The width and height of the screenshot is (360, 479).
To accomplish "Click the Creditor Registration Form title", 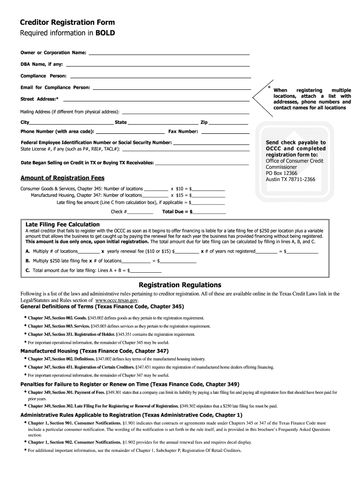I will [x=67, y=22].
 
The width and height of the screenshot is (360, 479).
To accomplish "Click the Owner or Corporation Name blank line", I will [x=169, y=54].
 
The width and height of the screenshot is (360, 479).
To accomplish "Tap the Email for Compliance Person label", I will [x=55, y=87].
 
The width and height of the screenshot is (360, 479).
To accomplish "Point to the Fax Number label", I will [x=183, y=131].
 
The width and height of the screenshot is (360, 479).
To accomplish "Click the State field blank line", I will [x=163, y=123].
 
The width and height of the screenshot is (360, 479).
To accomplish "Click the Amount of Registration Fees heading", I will [x=62, y=178].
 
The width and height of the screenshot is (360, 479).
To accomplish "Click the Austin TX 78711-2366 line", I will [x=290, y=179].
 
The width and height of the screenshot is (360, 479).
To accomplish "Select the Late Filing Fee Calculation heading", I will [x=62, y=225].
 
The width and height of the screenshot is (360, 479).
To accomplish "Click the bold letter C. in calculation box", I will [x=28, y=270].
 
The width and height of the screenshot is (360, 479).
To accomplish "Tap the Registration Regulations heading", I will [x=180, y=285].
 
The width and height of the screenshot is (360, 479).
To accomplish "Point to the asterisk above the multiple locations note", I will [x=269, y=87].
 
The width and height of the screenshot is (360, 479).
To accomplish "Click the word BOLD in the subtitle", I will [x=105, y=33].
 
